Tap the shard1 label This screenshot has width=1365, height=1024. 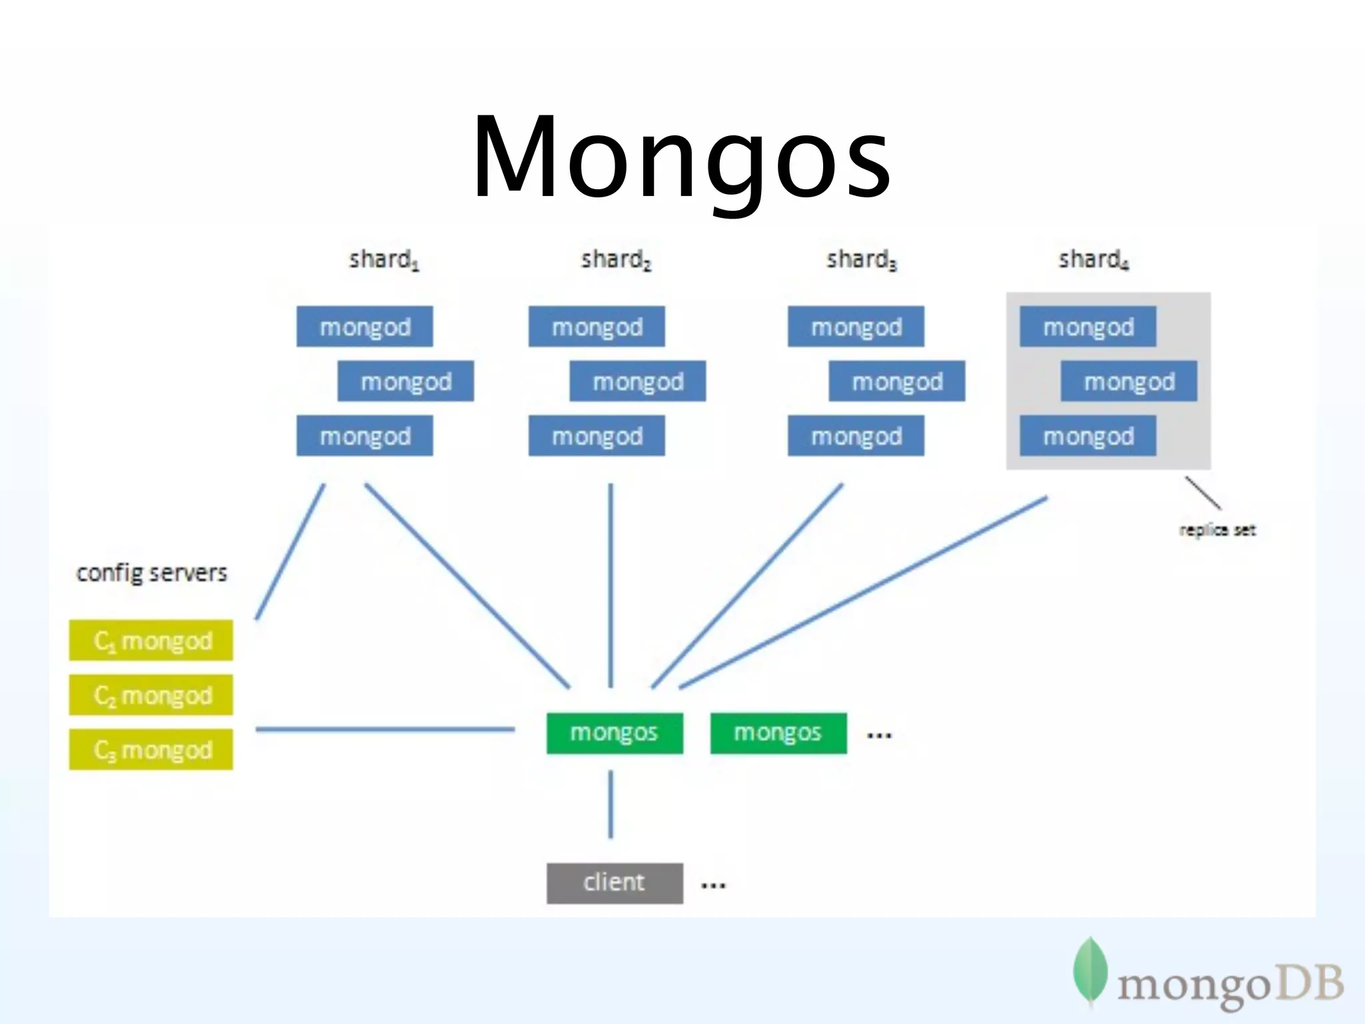pyautogui.click(x=384, y=259)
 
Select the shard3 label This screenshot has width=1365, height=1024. pyautogui.click(x=861, y=259)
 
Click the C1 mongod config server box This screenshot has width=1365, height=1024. pyautogui.click(x=151, y=641)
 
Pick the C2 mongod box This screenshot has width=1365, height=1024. pyautogui.click(x=151, y=695)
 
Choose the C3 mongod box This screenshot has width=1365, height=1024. pyautogui.click(x=151, y=750)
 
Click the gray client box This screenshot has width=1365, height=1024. pyautogui.click(x=615, y=883)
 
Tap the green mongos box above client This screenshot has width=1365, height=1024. pyautogui.click(x=615, y=733)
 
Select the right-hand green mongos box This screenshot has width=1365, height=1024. pyautogui.click(x=778, y=733)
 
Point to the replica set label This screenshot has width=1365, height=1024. pyautogui.click(x=1217, y=530)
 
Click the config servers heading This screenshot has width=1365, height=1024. pyautogui.click(x=152, y=573)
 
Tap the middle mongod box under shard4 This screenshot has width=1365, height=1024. pyautogui.click(x=1129, y=381)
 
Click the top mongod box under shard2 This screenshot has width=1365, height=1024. pyautogui.click(x=597, y=327)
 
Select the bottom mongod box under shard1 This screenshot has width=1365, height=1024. pyautogui.click(x=365, y=436)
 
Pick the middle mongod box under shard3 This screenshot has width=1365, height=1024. pyautogui.click(x=896, y=381)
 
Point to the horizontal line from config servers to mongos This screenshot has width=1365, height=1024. pyautogui.click(x=385, y=729)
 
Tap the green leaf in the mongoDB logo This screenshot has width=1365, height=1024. pyautogui.click(x=1090, y=971)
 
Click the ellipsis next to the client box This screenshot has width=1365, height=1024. pyautogui.click(x=713, y=886)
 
